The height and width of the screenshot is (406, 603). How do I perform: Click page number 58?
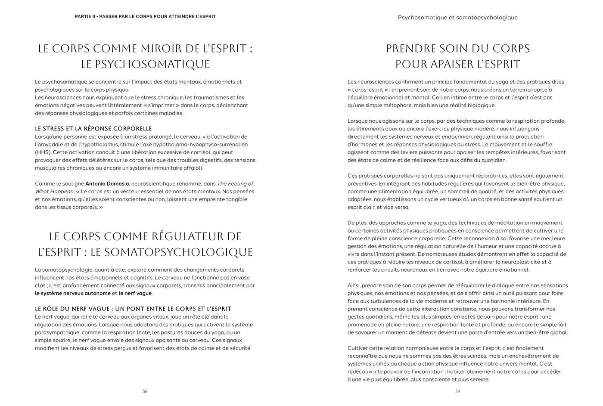click(145, 391)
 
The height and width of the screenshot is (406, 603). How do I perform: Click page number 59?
click(458, 391)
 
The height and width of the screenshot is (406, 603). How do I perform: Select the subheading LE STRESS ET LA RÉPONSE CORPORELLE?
click(93, 129)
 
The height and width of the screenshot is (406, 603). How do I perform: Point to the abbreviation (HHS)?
click(43, 152)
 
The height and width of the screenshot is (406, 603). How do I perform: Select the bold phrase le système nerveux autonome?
click(73, 294)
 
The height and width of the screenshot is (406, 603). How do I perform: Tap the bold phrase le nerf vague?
click(135, 294)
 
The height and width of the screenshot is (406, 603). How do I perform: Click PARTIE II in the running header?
click(85, 17)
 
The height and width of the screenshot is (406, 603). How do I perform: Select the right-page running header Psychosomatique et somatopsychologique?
click(457, 18)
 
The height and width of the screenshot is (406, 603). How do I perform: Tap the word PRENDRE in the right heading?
click(410, 49)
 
